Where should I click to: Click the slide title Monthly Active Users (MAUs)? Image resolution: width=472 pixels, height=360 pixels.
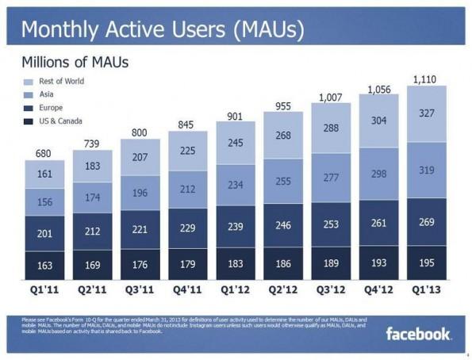pos(163,29)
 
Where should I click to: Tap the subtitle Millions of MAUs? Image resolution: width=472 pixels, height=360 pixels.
pos(75,61)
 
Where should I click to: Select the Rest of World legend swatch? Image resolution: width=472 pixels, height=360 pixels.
pos(29,82)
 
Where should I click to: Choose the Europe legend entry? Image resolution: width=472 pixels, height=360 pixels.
pos(51,107)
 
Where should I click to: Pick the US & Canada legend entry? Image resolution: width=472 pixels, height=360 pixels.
pos(60,121)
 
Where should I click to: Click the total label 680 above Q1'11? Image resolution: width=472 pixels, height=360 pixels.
pos(44,153)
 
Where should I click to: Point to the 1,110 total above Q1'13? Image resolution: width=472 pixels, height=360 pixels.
pos(425,79)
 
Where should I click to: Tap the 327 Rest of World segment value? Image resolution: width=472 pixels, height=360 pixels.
pos(426,113)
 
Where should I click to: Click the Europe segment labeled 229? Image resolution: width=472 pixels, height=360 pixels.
pos(187,228)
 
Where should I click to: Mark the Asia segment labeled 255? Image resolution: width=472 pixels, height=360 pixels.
pos(283,182)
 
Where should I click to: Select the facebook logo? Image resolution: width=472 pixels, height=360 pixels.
pos(419,334)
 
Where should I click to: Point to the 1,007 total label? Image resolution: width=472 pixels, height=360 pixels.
pos(330,98)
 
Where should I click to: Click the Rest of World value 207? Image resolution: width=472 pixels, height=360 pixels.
pos(140,158)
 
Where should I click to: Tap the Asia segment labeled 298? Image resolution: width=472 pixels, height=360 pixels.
pos(378,174)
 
